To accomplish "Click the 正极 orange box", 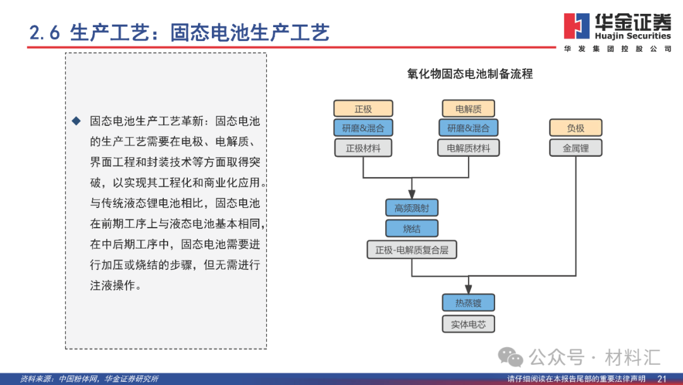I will (363, 109).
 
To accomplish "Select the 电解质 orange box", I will (468, 109).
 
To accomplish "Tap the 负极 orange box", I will (575, 128).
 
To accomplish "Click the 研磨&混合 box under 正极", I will (363, 128).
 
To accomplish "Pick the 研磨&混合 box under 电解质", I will (468, 128).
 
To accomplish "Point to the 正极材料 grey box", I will (363, 149).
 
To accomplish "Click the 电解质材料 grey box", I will (468, 149).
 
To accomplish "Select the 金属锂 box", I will (575, 149).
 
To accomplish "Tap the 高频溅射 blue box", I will (412, 208).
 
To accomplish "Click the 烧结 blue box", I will (412, 228).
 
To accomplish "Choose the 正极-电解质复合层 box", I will (412, 250).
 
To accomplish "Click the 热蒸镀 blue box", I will (468, 303).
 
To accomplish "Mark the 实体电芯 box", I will (468, 324).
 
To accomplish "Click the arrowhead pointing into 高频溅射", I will (412, 196).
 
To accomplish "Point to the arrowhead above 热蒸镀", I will (469, 290).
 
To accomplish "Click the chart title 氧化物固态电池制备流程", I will (470, 74).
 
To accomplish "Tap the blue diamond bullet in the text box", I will (77, 121).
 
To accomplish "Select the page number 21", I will (662, 379).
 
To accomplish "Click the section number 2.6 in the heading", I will (44, 33).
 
